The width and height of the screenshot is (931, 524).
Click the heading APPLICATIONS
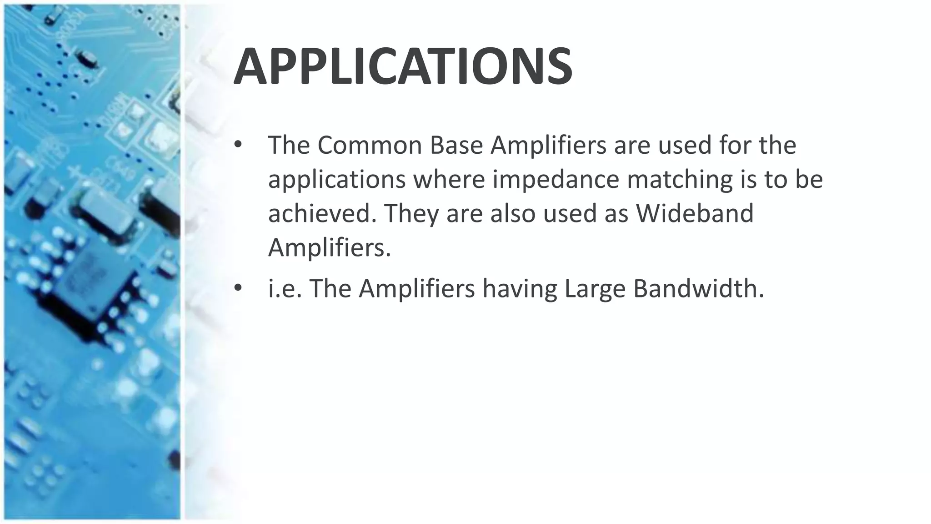[403, 66]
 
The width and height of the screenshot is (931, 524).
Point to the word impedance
[556, 179]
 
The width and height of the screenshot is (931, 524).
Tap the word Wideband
[695, 213]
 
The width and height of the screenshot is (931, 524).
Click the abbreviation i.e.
[285, 288]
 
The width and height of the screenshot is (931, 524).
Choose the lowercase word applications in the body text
[337, 180]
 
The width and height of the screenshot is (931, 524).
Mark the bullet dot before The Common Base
[237, 146]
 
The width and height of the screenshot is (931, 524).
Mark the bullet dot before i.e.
[237, 288]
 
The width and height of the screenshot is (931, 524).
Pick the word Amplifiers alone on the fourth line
[329, 247]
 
